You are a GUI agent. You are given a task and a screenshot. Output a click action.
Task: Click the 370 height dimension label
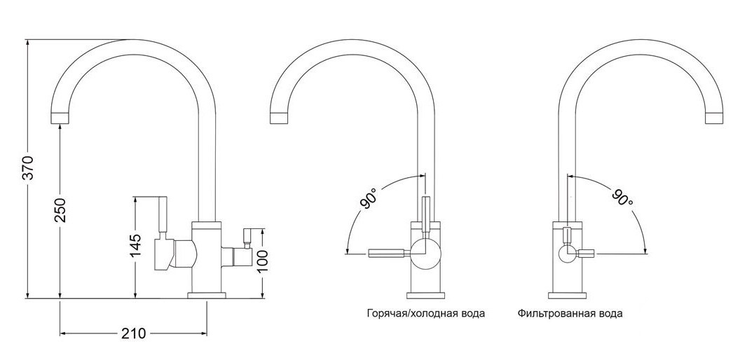(29, 167)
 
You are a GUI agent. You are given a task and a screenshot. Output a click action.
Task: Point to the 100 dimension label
(262, 261)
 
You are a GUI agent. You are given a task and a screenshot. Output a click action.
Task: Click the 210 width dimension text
(134, 333)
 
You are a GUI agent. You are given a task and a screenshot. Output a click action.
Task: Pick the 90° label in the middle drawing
(369, 198)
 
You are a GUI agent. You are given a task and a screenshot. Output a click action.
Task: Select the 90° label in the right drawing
(622, 198)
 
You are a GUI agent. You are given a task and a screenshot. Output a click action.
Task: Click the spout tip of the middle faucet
(280, 118)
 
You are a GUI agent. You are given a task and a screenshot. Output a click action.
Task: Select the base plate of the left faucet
(207, 296)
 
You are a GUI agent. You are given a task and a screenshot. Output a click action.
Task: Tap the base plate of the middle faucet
(425, 296)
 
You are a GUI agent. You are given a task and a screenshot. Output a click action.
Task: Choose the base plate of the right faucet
(568, 296)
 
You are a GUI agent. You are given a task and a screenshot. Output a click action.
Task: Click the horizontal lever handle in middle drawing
(385, 254)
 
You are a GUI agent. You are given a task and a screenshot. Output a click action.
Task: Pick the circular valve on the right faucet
(567, 254)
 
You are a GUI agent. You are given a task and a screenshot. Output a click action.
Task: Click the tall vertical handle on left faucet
(163, 215)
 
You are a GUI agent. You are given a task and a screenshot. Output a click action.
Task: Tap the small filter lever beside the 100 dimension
(246, 238)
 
